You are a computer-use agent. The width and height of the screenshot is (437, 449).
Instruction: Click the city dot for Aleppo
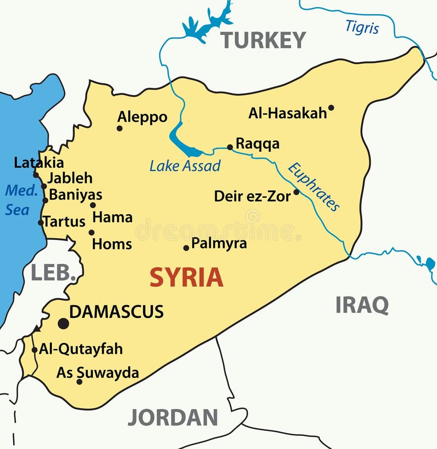120,128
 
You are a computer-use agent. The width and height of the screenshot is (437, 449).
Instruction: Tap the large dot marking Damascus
63,323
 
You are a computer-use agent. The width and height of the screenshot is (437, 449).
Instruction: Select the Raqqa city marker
230,147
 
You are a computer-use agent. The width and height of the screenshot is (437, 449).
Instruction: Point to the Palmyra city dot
186,247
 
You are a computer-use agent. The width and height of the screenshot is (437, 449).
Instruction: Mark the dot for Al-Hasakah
331,108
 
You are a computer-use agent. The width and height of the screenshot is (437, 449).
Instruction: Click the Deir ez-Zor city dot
297,192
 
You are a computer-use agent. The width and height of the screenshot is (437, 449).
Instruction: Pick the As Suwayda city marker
79,381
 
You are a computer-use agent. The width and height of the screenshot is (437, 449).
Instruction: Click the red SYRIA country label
186,277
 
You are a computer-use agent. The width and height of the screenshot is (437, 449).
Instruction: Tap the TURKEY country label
263,40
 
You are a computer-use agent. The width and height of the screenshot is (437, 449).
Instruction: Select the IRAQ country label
362,305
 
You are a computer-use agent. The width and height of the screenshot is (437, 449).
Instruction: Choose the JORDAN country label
173,417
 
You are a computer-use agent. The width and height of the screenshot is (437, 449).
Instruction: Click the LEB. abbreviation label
53,272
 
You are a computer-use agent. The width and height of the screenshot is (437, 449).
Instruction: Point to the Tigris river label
362,27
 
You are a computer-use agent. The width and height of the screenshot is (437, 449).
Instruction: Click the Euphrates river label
314,186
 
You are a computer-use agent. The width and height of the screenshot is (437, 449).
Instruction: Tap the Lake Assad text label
185,166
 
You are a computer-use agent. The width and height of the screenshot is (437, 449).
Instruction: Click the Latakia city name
39,162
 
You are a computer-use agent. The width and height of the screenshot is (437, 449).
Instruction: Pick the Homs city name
112,244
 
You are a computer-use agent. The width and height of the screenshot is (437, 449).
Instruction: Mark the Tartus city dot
40,222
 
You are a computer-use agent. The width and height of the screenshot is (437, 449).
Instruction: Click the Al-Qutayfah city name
81,348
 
